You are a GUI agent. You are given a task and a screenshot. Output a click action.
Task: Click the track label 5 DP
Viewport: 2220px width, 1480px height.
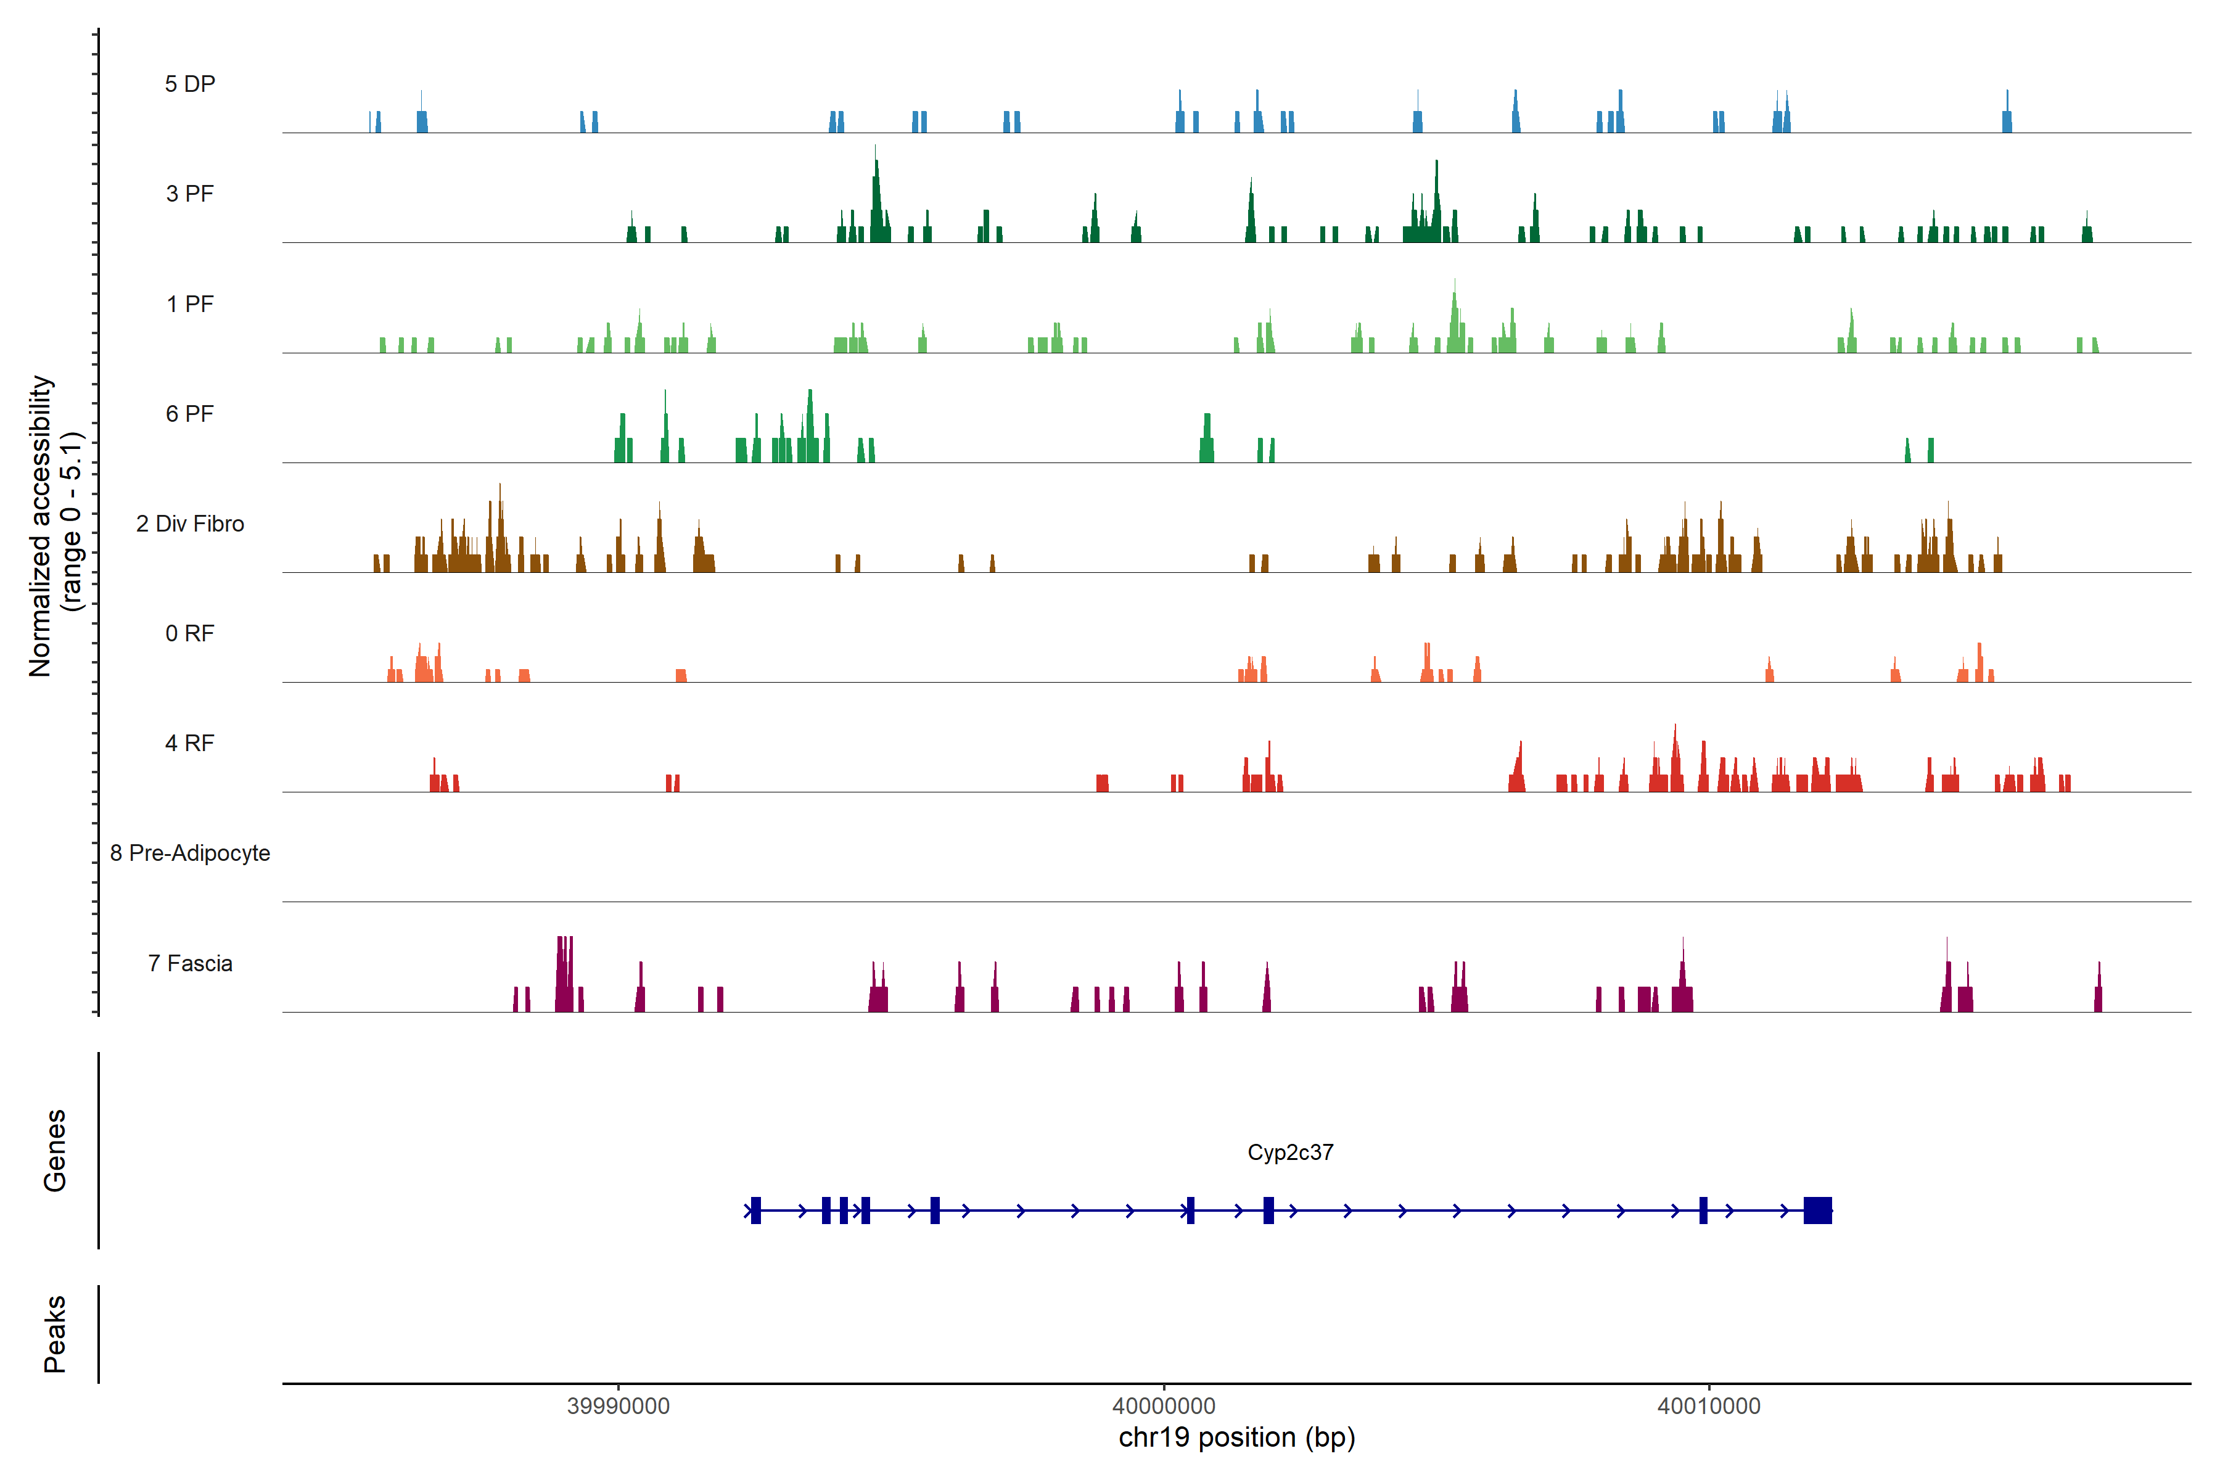click(x=190, y=84)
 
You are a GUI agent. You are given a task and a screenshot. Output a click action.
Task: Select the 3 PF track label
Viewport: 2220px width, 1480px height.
click(x=190, y=194)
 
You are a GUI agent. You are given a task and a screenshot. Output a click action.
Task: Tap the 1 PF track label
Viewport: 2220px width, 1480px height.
click(x=190, y=304)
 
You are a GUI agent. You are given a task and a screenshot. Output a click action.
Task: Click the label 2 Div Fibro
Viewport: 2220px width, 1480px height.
click(x=190, y=524)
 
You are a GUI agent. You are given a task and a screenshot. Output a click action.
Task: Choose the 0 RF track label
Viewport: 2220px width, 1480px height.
click(x=190, y=633)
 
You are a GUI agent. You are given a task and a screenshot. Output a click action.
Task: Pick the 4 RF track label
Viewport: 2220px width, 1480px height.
click(x=190, y=743)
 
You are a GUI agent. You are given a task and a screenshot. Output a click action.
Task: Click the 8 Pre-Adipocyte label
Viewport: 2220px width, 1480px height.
click(x=190, y=853)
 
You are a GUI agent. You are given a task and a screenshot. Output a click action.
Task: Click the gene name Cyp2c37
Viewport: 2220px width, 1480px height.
click(x=1290, y=1153)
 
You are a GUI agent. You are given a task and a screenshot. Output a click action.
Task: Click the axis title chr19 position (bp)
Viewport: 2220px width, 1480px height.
click(x=1236, y=1437)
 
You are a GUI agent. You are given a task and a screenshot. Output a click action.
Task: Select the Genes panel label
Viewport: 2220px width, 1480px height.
click(x=55, y=1151)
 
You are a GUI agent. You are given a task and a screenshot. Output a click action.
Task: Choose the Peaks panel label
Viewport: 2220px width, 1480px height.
click(x=55, y=1334)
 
